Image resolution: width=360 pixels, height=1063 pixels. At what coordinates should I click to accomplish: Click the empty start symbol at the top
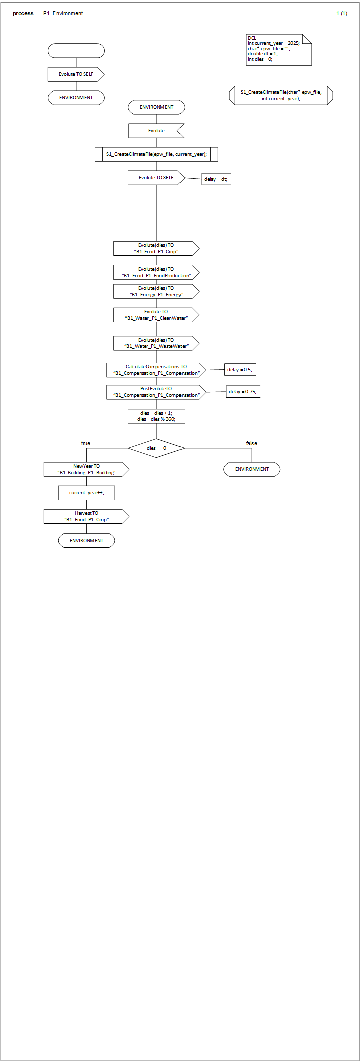pos(76,51)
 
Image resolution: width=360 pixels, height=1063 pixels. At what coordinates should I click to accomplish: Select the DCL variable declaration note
pos(279,49)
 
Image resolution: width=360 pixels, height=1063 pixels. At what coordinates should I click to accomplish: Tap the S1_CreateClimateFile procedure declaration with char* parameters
pos(281,95)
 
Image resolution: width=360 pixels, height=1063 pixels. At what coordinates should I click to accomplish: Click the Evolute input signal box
pos(156,131)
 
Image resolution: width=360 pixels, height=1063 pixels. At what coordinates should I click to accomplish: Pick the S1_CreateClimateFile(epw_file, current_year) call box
pos(156,154)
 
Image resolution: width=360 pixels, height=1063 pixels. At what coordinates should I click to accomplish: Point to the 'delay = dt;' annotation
pos(216,179)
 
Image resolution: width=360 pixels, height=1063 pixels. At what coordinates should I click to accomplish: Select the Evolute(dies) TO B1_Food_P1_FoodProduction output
pos(156,272)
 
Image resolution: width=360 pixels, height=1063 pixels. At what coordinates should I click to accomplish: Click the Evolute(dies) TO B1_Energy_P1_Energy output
pos(156,291)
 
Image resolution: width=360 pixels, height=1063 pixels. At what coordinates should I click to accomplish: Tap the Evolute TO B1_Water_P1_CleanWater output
pos(156,315)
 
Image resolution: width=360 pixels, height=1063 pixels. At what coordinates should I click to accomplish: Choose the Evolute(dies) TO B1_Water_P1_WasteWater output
pos(156,343)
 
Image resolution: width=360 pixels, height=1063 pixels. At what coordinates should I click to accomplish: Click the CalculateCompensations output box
pos(156,370)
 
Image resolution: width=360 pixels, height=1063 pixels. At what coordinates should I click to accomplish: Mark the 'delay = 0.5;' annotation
pos(240,370)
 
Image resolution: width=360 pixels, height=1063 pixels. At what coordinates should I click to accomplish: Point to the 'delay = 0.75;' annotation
pos(243,392)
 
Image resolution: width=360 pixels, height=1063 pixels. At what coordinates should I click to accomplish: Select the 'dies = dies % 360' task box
pos(156,416)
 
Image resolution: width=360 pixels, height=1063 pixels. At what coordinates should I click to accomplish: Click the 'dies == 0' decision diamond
pos(156,448)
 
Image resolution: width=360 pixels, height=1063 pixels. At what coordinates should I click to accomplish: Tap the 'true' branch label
pos(86,443)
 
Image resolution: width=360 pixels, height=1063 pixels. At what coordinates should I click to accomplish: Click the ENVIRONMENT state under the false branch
pos(252,469)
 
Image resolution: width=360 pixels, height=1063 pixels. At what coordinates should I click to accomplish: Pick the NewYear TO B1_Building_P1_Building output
pos(86,469)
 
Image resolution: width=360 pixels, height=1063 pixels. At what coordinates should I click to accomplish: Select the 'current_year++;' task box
pos(86,493)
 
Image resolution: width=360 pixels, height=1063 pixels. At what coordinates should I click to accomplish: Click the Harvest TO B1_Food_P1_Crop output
pos(86,516)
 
